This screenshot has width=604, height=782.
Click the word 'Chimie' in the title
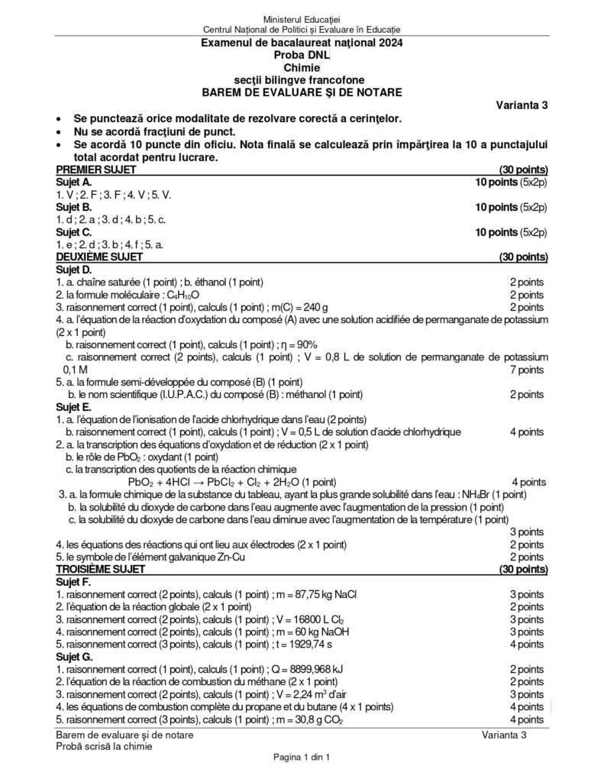click(302, 68)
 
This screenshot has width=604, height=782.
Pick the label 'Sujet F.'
click(74, 582)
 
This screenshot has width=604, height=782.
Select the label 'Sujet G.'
click(75, 656)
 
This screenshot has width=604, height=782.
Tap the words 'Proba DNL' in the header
click(302, 56)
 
